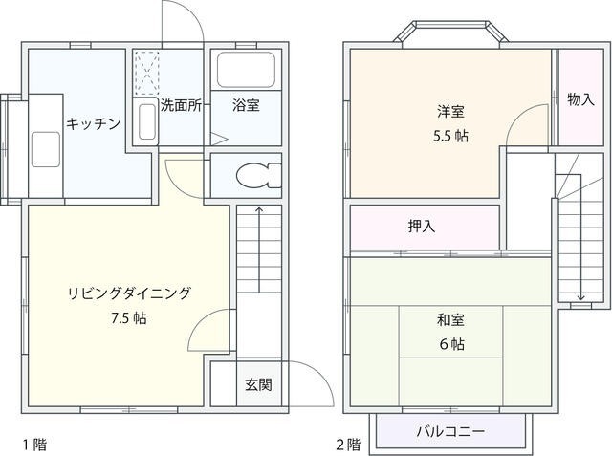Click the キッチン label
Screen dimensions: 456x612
point(93,122)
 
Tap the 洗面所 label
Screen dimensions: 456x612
point(180,106)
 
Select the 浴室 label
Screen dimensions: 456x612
point(245,106)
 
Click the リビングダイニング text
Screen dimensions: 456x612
point(129,293)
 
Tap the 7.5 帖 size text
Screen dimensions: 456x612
point(128,318)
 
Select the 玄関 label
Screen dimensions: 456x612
point(258,385)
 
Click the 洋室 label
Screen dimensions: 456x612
point(448,109)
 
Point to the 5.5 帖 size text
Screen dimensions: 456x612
point(448,135)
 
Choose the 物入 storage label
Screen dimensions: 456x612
point(580,99)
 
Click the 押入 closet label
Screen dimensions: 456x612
point(422,227)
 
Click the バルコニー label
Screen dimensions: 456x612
point(449,431)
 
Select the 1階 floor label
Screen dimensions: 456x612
point(33,444)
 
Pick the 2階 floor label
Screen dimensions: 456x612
point(348,444)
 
